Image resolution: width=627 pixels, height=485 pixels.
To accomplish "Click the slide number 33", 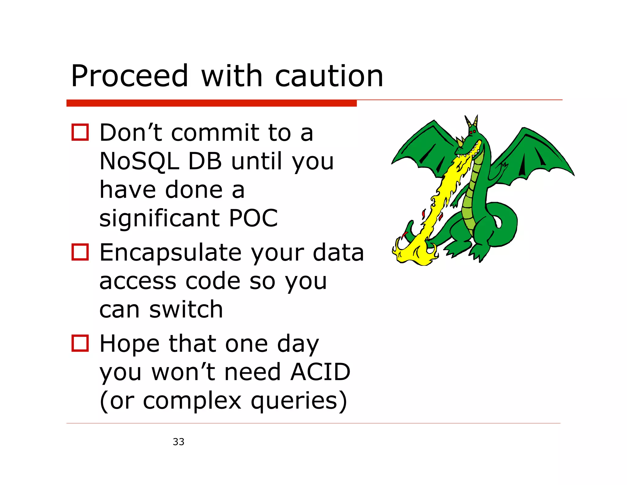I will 178,442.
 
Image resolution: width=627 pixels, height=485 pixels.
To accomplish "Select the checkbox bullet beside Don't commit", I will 80,132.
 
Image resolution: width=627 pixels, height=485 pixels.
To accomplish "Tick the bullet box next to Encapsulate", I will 80,252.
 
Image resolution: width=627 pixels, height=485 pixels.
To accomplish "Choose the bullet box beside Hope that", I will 80,343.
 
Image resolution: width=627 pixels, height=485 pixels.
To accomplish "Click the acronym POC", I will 253,218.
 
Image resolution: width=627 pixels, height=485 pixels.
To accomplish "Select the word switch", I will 186,309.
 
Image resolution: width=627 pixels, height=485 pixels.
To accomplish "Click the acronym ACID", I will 320,372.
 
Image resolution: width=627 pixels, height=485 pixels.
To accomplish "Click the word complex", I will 192,401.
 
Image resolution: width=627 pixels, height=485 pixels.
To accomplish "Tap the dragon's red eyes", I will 473,132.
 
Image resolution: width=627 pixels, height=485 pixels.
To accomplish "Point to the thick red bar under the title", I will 211,103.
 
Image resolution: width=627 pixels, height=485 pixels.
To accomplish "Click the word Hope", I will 130,344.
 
